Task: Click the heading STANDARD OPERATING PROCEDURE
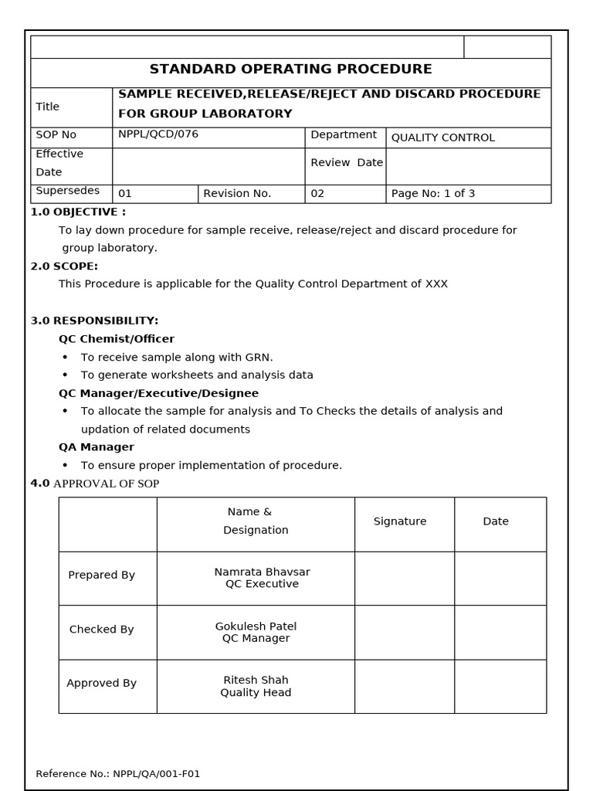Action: pos(290,70)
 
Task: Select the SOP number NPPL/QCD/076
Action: pos(158,134)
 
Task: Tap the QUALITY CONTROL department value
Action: pos(442,138)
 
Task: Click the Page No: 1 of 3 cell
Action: pos(433,194)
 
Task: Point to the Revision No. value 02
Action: pos(317,194)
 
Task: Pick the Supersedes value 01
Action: pos(125,194)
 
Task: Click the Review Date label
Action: pos(347,163)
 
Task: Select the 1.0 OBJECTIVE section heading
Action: pos(78,212)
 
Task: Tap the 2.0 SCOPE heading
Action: pos(64,266)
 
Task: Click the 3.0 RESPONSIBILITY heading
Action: pos(94,321)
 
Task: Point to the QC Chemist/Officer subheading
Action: pos(117,339)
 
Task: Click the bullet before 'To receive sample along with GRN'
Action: pos(65,358)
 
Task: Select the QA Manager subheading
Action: pos(97,447)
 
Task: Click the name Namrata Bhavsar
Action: pos(262,572)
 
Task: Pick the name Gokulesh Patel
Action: pos(256,626)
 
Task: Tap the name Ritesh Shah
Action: pos(256,681)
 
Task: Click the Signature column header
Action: pos(400,521)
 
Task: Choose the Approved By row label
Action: pos(101,684)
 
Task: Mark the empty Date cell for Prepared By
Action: pos(500,578)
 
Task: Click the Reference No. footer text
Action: pos(118,774)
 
